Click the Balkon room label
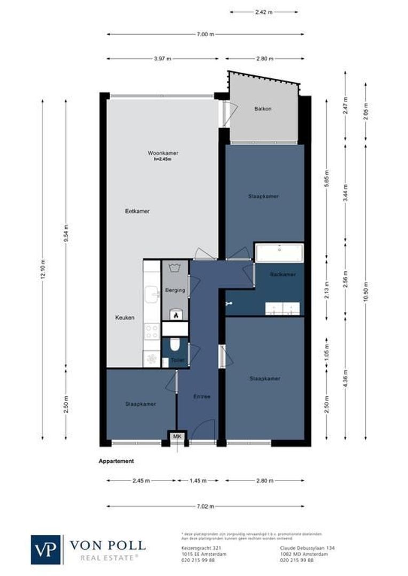pos(263,109)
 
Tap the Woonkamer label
pos(163,153)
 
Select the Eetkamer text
pos(137,211)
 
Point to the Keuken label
pos(125,318)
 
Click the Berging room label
pos(175,291)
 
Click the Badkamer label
pos(283,274)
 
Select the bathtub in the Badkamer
pos(279,253)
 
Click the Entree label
pos(202,396)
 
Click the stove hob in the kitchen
pos(152,332)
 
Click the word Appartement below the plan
pos(116,461)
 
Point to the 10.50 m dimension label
pos(366,292)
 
